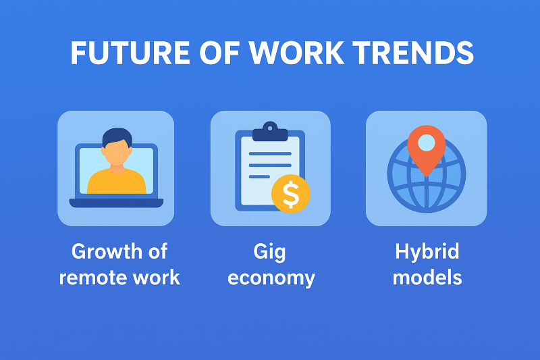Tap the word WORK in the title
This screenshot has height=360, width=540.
pyautogui.click(x=296, y=53)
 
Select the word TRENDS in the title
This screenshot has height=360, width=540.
pyautogui.click(x=413, y=53)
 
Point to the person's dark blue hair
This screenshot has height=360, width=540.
pyautogui.click(x=117, y=136)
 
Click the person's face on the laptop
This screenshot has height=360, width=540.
pyautogui.click(x=117, y=153)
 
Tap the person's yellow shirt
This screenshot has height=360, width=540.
pyautogui.click(x=116, y=181)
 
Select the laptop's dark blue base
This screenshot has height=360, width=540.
pyautogui.click(x=116, y=203)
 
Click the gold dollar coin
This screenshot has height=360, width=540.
pyautogui.click(x=291, y=194)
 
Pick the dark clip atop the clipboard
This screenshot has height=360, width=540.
pyautogui.click(x=270, y=132)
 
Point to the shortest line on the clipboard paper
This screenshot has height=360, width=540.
pyautogui.click(x=259, y=177)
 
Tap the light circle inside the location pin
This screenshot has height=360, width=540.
pyautogui.click(x=427, y=143)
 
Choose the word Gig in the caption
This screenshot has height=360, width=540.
pyautogui.click(x=269, y=252)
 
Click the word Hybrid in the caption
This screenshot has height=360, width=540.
pyautogui.click(x=427, y=252)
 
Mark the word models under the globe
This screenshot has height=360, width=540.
pyautogui.click(x=427, y=277)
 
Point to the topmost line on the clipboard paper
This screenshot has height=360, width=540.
pyautogui.click(x=270, y=153)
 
